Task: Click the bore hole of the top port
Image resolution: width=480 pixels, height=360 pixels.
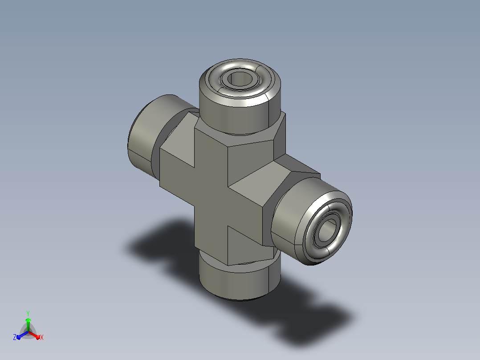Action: (240, 79)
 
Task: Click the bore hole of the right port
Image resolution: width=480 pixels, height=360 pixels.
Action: (327, 230)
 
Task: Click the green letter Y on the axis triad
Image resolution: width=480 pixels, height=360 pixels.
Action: (28, 314)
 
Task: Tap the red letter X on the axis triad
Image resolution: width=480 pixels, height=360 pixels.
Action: (42, 337)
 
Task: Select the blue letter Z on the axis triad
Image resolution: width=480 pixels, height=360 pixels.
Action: (15, 337)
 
